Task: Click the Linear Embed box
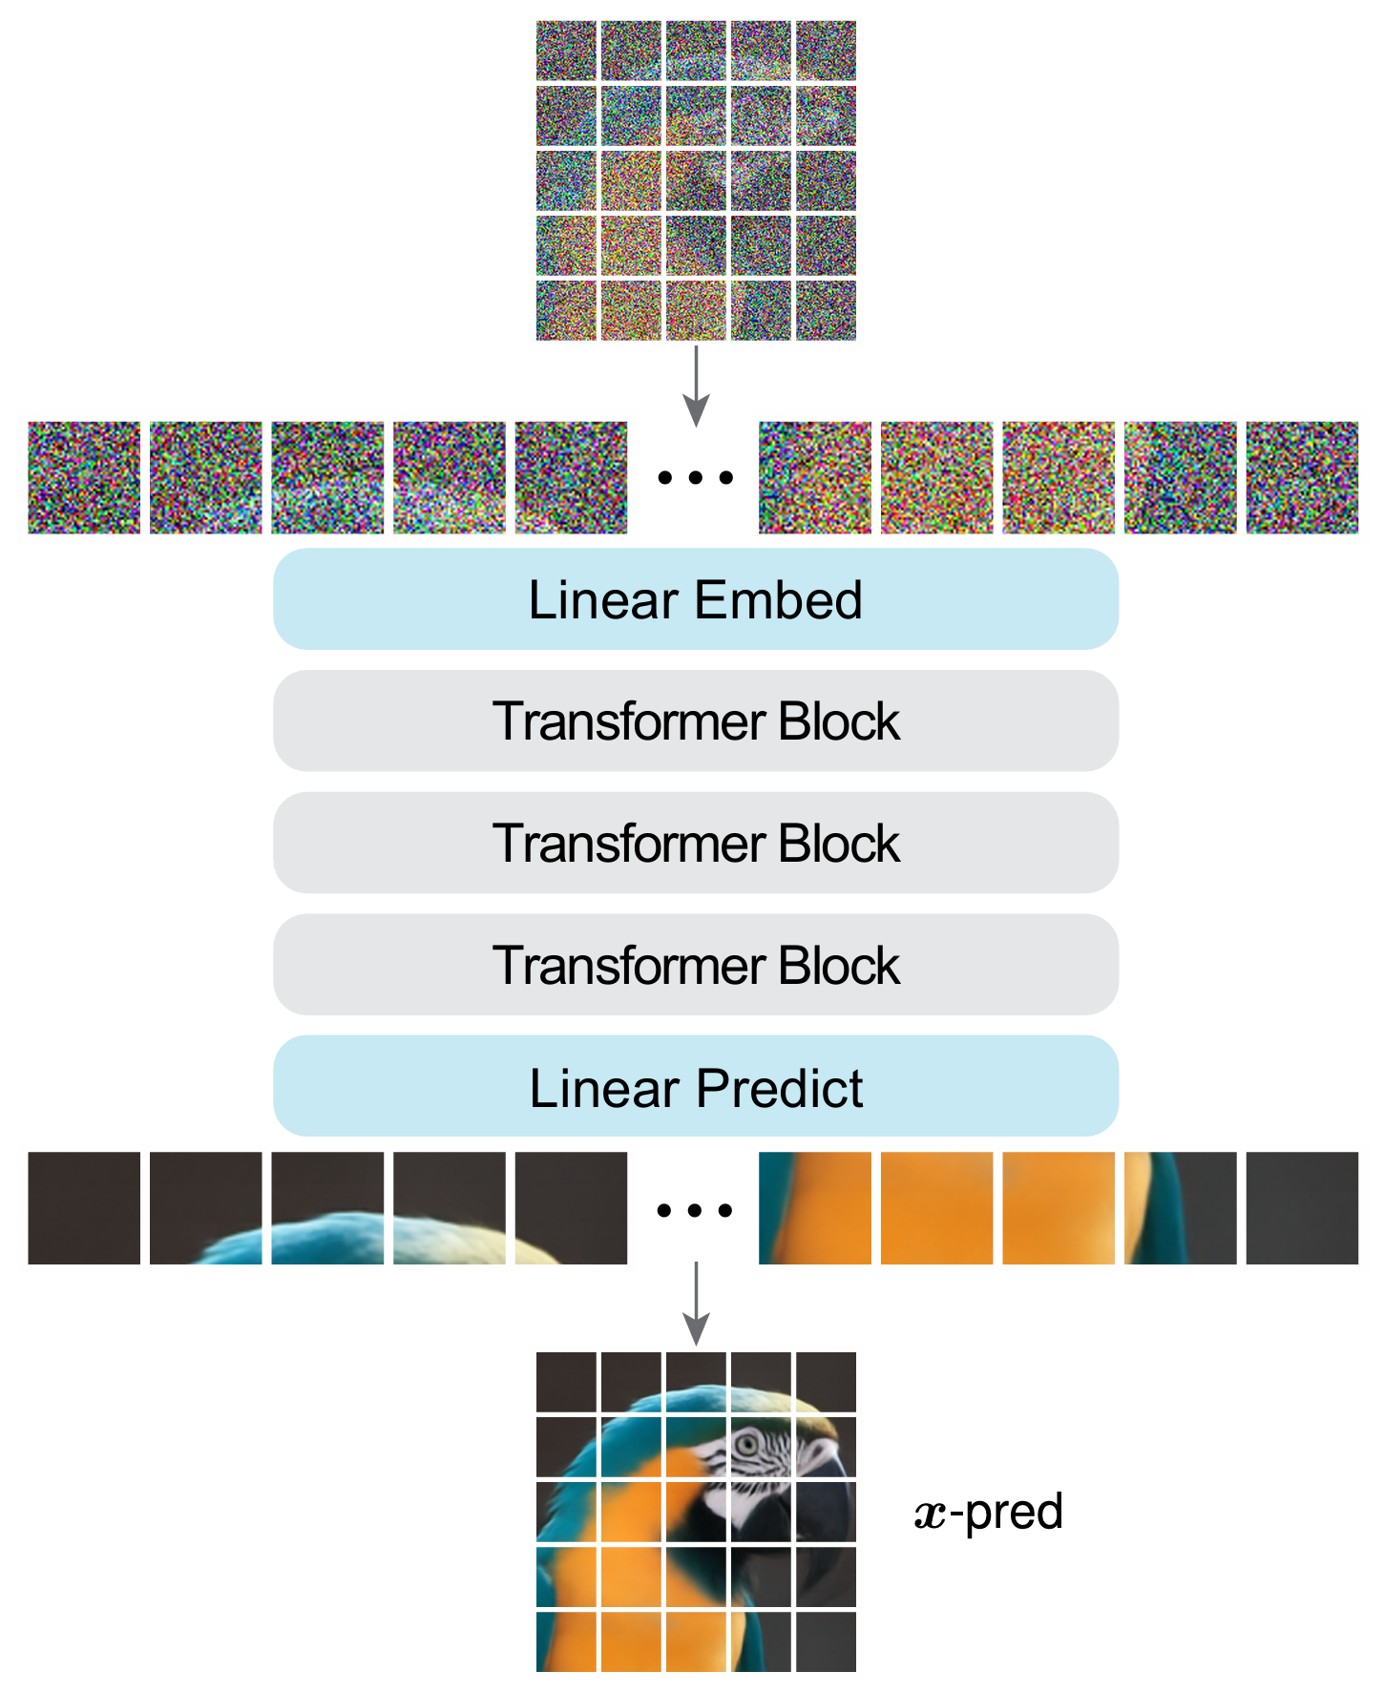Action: (x=695, y=599)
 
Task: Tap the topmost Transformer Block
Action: (x=695, y=721)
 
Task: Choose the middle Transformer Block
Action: (x=695, y=844)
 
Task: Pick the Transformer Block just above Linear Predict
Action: (x=695, y=965)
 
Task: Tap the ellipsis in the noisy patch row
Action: (x=695, y=477)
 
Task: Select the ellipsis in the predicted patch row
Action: (x=695, y=1210)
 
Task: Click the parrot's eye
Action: (x=748, y=1443)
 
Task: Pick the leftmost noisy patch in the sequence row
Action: (x=84, y=477)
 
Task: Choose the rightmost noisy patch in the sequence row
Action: (x=1302, y=477)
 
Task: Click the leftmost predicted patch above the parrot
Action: (x=84, y=1208)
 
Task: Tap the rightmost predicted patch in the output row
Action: (x=1302, y=1208)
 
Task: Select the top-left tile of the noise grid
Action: (x=566, y=51)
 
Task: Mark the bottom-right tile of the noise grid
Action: (x=826, y=310)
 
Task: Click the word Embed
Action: (x=778, y=599)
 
